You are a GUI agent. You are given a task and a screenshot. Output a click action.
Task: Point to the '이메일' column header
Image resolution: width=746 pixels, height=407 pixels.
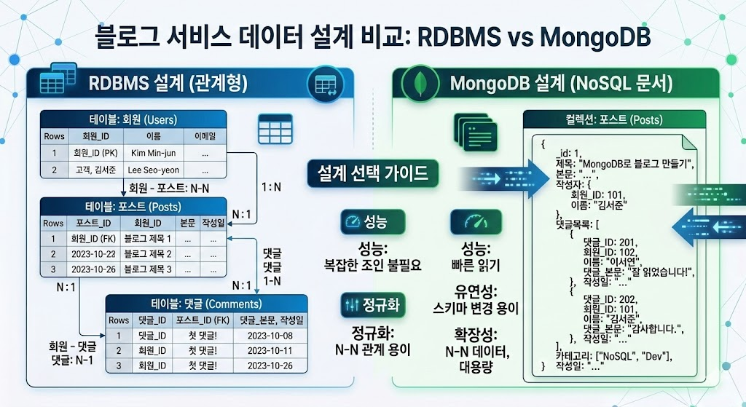[x=204, y=136]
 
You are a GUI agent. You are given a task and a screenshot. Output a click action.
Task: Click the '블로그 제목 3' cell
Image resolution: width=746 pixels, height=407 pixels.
[x=148, y=270]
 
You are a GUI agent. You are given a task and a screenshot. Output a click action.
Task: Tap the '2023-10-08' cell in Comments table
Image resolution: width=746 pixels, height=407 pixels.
[x=269, y=336]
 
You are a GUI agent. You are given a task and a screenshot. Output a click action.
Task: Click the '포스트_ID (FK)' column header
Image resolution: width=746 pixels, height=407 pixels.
[x=204, y=320]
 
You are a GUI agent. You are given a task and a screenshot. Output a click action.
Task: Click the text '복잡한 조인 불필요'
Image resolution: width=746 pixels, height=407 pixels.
[x=373, y=264]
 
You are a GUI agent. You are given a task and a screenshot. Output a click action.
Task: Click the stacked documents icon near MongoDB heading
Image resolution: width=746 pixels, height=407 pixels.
[x=474, y=132]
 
